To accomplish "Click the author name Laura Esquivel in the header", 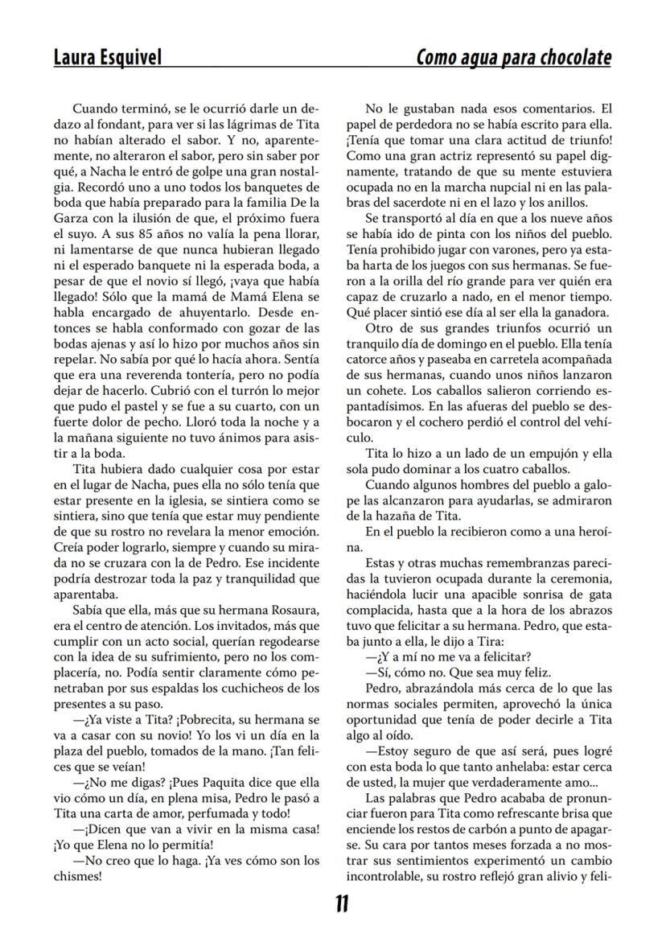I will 107,57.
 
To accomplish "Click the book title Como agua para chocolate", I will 513,57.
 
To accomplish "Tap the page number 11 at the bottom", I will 341,904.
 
